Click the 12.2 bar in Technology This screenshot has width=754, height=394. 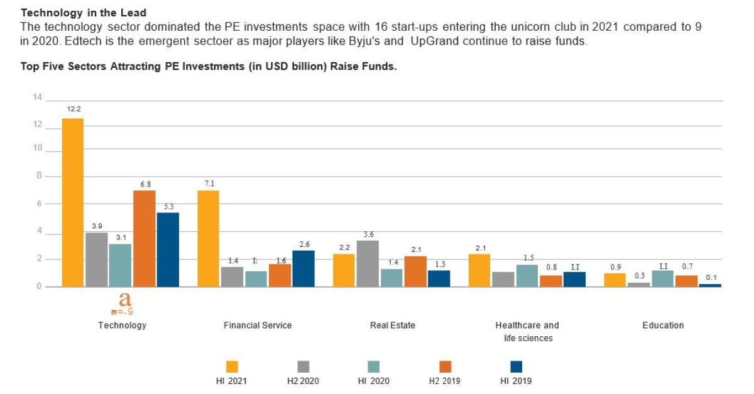pos(72,202)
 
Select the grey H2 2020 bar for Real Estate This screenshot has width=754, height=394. pos(367,263)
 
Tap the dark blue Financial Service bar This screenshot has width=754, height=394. pos(303,268)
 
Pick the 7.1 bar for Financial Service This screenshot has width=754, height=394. pos(208,238)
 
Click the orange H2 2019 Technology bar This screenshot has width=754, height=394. pos(144,238)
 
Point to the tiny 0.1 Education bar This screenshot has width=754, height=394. pos(710,285)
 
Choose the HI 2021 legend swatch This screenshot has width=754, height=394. pos(232,366)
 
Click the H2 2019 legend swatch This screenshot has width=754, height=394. pos(445,366)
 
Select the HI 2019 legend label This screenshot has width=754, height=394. pos(516,381)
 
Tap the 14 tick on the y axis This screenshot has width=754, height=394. pos(37,97)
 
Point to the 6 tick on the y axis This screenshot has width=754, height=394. pos(38,204)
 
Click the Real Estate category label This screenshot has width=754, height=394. pos(393,325)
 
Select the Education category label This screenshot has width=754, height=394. pos(663,325)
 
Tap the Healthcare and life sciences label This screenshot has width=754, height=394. pos(527,331)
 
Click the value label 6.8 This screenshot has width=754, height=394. pos(145,184)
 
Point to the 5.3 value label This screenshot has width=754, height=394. pos(168,207)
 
